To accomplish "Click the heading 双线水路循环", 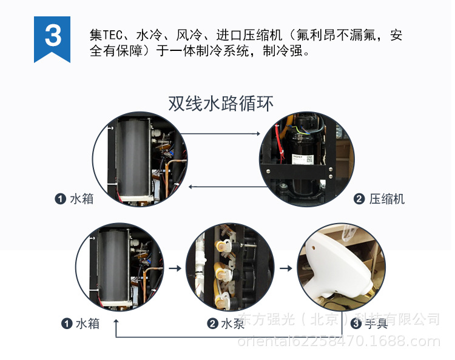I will point(221,103).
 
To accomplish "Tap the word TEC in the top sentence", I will point(114,35).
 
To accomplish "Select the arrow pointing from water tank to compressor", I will point(220,133).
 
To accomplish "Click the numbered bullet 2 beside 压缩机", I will point(359,199).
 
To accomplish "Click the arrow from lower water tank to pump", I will point(175,267).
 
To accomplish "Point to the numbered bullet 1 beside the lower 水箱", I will point(66,323).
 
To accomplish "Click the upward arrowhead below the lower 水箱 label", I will point(115,325).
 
